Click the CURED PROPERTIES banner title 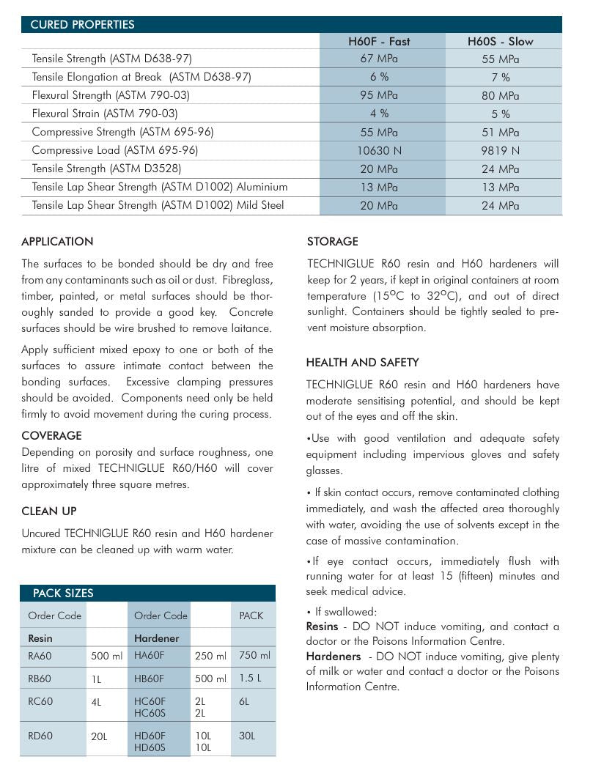click(82, 25)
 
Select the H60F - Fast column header click(379, 42)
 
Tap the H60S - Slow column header click(501, 42)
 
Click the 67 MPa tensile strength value click(379, 59)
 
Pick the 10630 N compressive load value click(379, 150)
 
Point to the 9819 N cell click(501, 150)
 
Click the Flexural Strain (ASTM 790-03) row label click(105, 114)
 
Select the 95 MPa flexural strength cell click(379, 95)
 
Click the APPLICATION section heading click(57, 242)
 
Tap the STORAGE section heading click(332, 242)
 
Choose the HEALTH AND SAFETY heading click(362, 363)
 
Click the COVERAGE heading click(51, 436)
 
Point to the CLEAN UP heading click(49, 511)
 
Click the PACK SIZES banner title click(63, 594)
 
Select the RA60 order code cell click(40, 656)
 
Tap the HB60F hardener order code click(149, 679)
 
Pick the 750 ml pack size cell click(254, 656)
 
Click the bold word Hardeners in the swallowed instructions click(334, 657)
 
